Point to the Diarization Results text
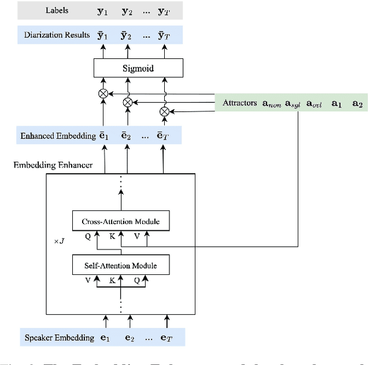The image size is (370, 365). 57,35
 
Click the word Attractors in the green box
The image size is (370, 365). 240,103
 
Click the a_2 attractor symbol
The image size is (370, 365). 357,104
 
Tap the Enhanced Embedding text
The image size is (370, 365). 57,136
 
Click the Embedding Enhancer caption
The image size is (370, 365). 53,165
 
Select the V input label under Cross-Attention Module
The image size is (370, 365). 136,237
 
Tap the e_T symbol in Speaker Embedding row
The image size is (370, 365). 166,338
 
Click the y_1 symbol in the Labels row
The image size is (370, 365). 104,10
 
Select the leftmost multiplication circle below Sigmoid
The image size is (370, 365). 104,92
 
